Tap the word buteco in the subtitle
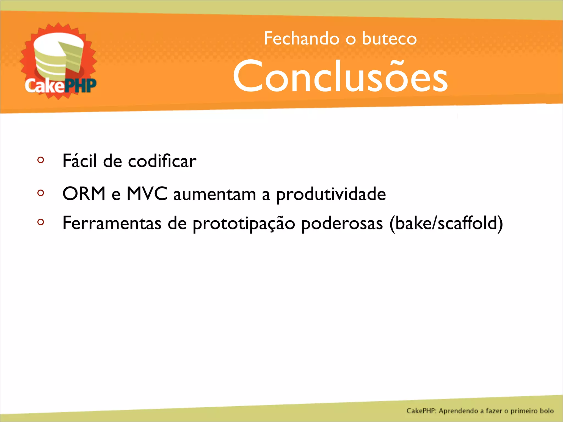click(x=389, y=38)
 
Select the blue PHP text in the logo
click(x=80, y=86)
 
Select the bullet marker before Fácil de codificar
click(x=41, y=160)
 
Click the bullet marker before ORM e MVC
click(x=41, y=193)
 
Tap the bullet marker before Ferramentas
click(x=41, y=222)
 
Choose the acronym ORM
click(x=84, y=194)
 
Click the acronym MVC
click(x=147, y=194)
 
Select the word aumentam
click(x=214, y=194)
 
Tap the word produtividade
click(x=331, y=194)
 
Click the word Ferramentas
click(x=112, y=223)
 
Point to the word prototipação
click(x=244, y=223)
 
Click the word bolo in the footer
click(x=547, y=411)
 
